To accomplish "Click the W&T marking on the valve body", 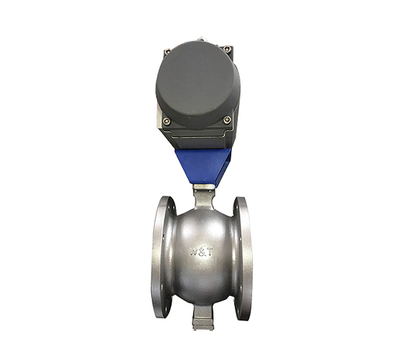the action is pyautogui.click(x=201, y=251).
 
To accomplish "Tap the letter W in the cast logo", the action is pyautogui.click(x=194, y=251).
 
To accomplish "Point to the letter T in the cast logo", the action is pyautogui.click(x=210, y=251).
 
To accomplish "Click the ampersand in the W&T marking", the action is pyautogui.click(x=203, y=252).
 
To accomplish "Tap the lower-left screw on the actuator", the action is pyautogui.click(x=167, y=121).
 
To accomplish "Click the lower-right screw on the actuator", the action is pyautogui.click(x=227, y=120).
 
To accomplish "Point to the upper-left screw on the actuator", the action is pyautogui.click(x=167, y=52).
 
